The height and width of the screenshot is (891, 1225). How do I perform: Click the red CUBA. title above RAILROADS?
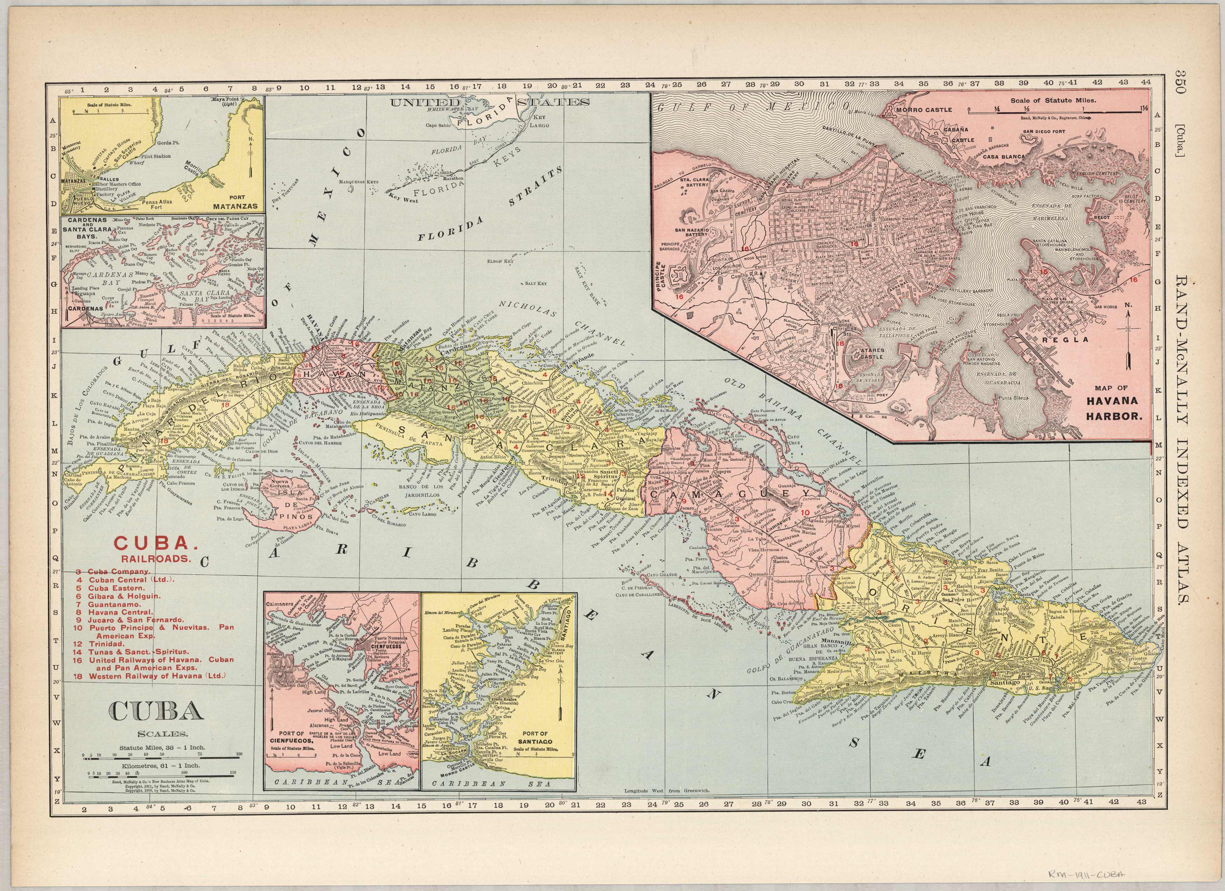[153, 542]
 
